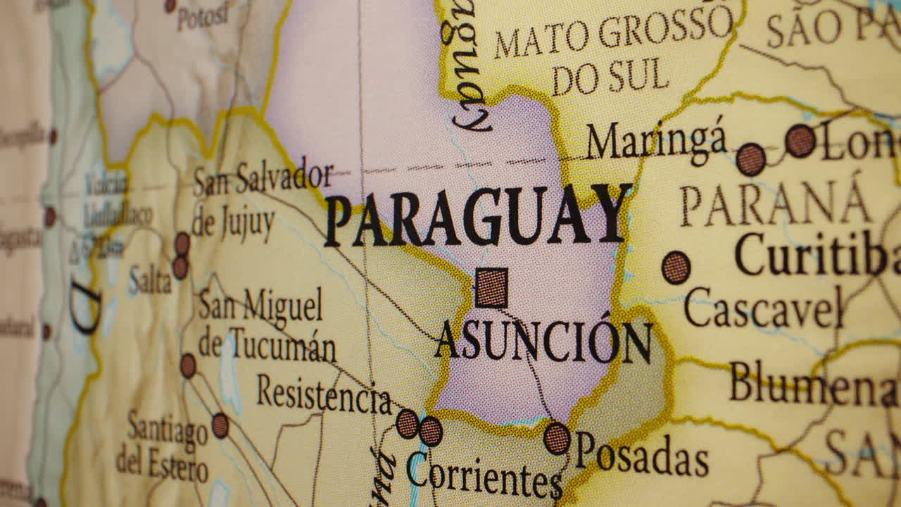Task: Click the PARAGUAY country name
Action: point(477,215)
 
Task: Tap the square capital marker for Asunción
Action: point(491,287)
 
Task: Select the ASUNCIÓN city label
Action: point(543,341)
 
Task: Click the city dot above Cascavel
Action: point(676,268)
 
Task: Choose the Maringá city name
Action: point(656,139)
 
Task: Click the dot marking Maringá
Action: point(751,159)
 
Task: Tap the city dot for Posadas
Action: point(557,438)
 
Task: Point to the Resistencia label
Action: point(324,396)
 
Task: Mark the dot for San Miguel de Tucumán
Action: point(188,365)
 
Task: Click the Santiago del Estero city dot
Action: point(220,425)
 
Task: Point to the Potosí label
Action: point(203,15)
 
